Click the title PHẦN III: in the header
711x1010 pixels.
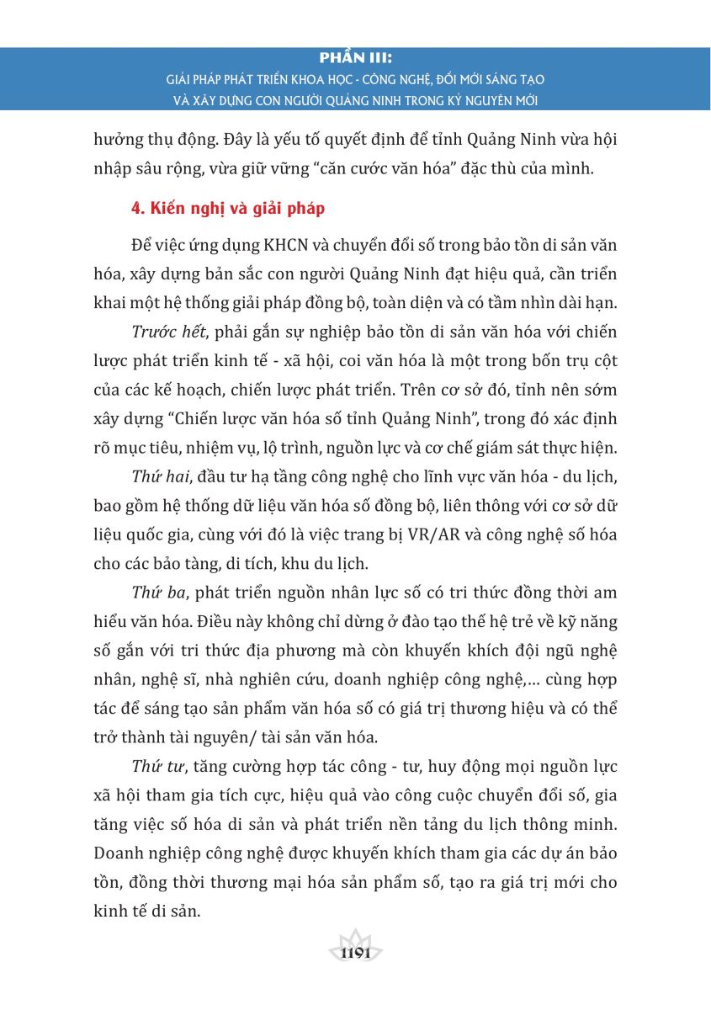(356, 59)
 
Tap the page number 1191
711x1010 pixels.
(356, 954)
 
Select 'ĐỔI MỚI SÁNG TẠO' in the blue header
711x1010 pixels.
(487, 80)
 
